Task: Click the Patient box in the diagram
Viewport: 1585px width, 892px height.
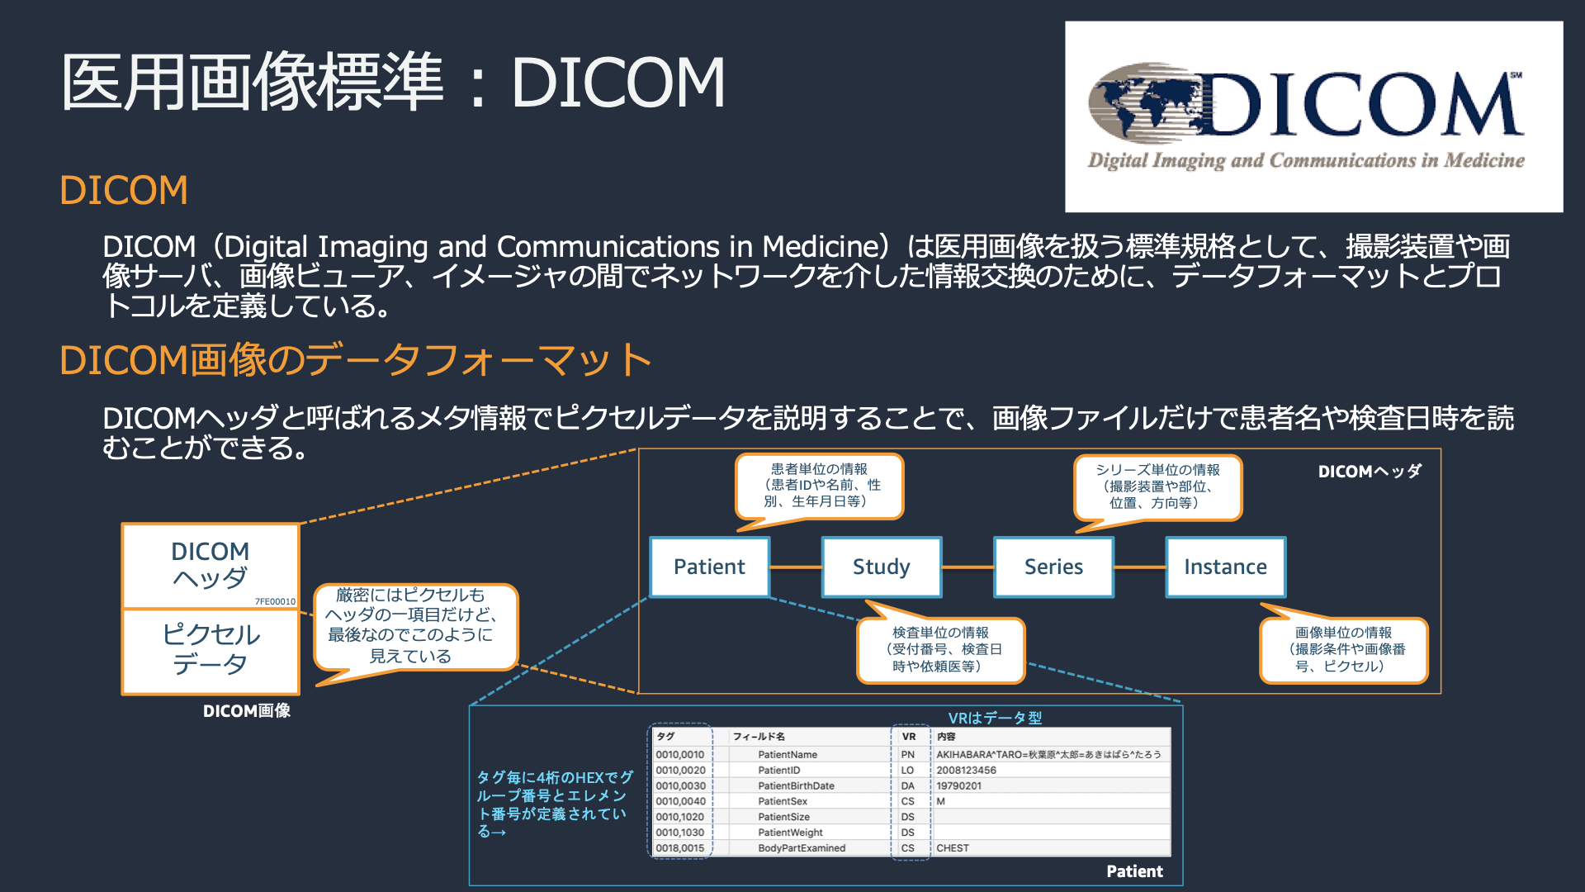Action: (x=709, y=567)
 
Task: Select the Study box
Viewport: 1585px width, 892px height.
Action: (x=881, y=567)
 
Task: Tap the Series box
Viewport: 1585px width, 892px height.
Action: (x=1053, y=567)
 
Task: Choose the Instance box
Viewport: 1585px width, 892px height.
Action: (x=1225, y=567)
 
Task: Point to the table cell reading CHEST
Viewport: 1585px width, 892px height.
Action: (x=953, y=848)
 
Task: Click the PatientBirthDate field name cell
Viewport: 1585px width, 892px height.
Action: (x=796, y=785)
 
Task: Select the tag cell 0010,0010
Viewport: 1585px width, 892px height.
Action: (x=680, y=754)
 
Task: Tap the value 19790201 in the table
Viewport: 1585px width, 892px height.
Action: (x=958, y=785)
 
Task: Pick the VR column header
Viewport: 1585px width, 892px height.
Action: (x=908, y=736)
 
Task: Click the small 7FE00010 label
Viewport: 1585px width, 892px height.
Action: (x=275, y=601)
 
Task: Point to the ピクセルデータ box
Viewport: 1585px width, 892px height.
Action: (x=211, y=650)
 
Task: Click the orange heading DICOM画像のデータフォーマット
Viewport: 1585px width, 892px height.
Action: (x=356, y=360)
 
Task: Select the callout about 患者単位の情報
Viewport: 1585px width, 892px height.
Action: (x=820, y=486)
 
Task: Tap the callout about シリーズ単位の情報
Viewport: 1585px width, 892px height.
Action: (x=1157, y=486)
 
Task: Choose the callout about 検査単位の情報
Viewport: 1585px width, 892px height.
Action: (x=940, y=649)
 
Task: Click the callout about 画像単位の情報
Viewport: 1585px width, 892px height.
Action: (x=1343, y=649)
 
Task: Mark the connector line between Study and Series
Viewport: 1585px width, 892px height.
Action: (x=968, y=567)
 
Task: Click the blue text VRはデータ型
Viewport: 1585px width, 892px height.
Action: (x=995, y=718)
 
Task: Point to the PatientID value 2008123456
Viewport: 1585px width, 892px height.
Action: (x=966, y=770)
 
